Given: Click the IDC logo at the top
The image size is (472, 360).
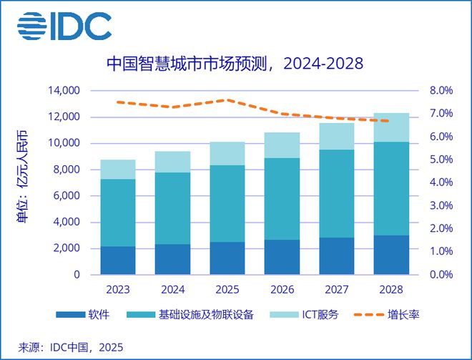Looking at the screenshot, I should (x=64, y=26).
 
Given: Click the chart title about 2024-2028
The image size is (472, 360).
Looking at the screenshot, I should (x=235, y=64).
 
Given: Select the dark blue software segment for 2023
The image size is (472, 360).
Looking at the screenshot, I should (x=118, y=261).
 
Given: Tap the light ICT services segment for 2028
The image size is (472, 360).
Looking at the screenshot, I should (x=391, y=127).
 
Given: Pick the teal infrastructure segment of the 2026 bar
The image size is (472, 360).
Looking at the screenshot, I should (x=282, y=199).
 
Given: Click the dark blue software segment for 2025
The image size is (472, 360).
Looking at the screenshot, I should (x=227, y=258).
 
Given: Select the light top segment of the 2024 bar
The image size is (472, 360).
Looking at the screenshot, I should (x=173, y=162).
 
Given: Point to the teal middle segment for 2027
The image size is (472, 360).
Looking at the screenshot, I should (x=337, y=194).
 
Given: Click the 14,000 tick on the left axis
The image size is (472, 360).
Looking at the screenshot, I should (x=64, y=91).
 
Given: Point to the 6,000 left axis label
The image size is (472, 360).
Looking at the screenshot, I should (x=67, y=196).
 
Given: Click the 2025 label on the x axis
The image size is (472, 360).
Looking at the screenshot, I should (x=227, y=291).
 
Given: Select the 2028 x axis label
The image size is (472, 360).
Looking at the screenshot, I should (x=391, y=291).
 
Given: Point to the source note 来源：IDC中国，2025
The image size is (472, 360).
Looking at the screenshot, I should (x=67, y=348).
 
